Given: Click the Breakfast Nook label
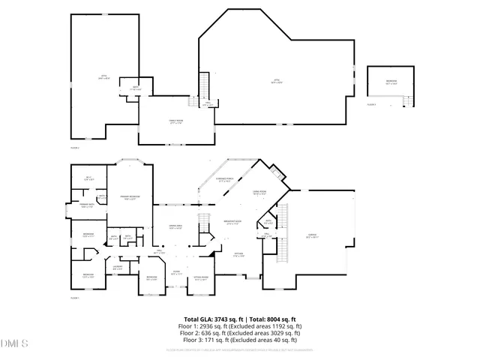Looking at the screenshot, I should [x=232, y=222].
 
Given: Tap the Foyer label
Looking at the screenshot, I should [x=175, y=274].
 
